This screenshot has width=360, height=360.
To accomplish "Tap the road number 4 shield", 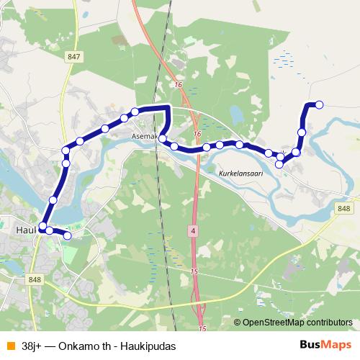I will click(x=193, y=231).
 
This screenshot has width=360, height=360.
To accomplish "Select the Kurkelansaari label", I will click(x=242, y=174).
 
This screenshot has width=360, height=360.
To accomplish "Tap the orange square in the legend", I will click(x=10, y=345).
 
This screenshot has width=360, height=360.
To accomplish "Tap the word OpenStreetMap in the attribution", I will click(x=276, y=323).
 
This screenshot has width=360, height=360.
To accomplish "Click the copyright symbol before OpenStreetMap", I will click(x=238, y=323).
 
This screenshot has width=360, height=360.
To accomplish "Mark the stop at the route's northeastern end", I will click(x=320, y=105).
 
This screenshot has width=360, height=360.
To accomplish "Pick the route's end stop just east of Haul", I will click(x=68, y=235).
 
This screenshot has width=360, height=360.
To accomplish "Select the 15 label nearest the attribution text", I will click(x=202, y=328).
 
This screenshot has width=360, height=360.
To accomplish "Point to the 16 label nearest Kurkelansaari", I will click(x=197, y=134).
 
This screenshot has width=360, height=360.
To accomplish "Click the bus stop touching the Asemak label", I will click(x=163, y=138).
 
